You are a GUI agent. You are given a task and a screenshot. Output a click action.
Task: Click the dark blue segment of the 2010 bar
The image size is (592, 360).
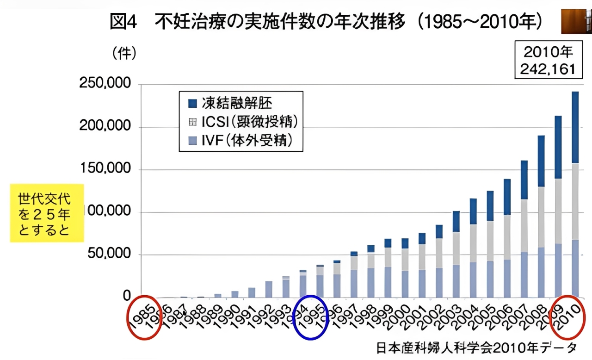[x=575, y=127]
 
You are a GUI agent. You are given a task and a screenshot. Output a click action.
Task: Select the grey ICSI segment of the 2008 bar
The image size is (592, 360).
[x=541, y=217]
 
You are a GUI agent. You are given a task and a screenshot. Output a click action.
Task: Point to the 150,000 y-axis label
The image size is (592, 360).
[x=105, y=169]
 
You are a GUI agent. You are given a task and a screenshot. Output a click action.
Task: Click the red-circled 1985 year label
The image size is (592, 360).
[x=144, y=317]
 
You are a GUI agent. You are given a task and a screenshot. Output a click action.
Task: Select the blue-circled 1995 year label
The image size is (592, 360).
[x=311, y=317]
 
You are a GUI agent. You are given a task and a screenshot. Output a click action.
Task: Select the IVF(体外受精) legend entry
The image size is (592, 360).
[x=247, y=140]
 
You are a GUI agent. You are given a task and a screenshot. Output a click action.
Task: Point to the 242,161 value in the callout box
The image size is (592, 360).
[x=548, y=69]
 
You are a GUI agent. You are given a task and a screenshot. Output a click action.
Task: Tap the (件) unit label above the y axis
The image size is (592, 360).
[x=124, y=54]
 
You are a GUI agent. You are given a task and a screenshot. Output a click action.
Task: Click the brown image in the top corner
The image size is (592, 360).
[x=576, y=22]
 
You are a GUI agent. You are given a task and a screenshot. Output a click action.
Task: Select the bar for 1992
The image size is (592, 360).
[x=269, y=289]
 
